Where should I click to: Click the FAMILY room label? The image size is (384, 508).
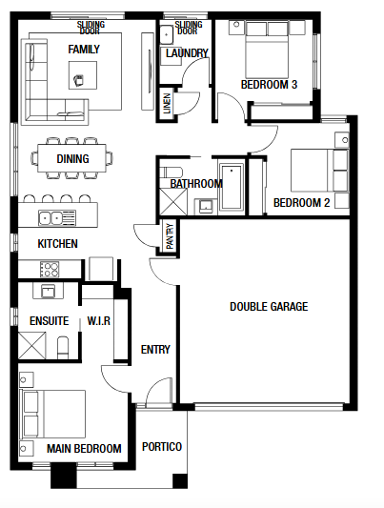pos(84,50)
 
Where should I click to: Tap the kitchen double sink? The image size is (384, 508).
pos(57,217)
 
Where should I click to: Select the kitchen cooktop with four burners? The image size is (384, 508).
pos(50,269)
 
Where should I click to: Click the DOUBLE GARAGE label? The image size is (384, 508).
pos(269,307)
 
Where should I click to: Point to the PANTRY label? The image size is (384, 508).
pos(170,236)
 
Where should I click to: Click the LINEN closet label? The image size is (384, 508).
pos(167,103)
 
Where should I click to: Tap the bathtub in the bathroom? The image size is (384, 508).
pos(232,187)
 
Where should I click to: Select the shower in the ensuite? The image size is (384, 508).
pos(31,345)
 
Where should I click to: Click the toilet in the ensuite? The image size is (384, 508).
pos(63,347)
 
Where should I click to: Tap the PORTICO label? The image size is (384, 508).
pos(162,447)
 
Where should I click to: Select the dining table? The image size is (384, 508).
pos(71,158)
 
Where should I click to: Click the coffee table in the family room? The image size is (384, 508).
pos(83,75)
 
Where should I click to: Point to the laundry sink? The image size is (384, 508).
pos(167,33)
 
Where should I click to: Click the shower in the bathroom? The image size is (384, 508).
pos(173,201)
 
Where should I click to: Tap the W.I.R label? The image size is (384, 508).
pos(99,321)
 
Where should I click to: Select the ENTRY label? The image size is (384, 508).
pos(155,349)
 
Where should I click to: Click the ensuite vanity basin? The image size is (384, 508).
pos(49,291)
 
